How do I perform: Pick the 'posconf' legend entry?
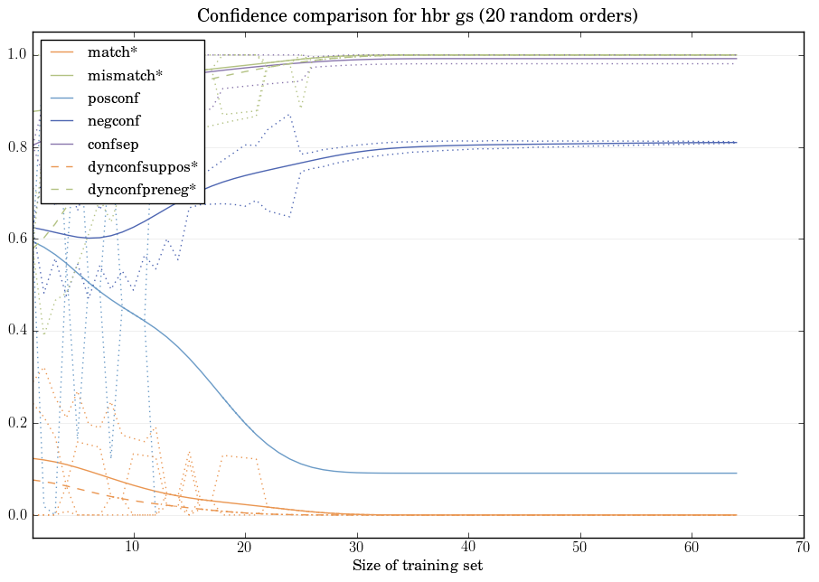(x=113, y=98)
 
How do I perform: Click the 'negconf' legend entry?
(x=113, y=120)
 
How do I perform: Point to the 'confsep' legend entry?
(x=113, y=144)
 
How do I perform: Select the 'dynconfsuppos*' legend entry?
(x=142, y=166)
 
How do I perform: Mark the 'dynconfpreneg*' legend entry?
(x=142, y=190)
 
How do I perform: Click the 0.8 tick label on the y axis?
(x=17, y=147)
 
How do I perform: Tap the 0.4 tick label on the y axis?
(x=17, y=332)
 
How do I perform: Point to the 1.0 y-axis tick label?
(x=17, y=55)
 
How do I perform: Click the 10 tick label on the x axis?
(x=133, y=547)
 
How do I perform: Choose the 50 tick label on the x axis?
(x=579, y=547)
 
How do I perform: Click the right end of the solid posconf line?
(x=736, y=473)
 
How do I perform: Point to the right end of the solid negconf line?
(x=736, y=143)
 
